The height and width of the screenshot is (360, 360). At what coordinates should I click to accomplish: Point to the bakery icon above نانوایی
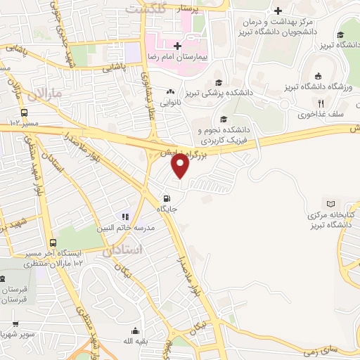[170, 91]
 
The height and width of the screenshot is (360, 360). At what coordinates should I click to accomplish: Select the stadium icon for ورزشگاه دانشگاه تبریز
[318, 76]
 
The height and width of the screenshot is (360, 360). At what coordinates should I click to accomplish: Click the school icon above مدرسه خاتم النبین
[125, 217]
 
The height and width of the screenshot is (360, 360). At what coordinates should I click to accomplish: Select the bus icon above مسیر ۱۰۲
[25, 112]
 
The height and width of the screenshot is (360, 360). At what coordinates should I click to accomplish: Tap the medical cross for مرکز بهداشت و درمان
[278, 11]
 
